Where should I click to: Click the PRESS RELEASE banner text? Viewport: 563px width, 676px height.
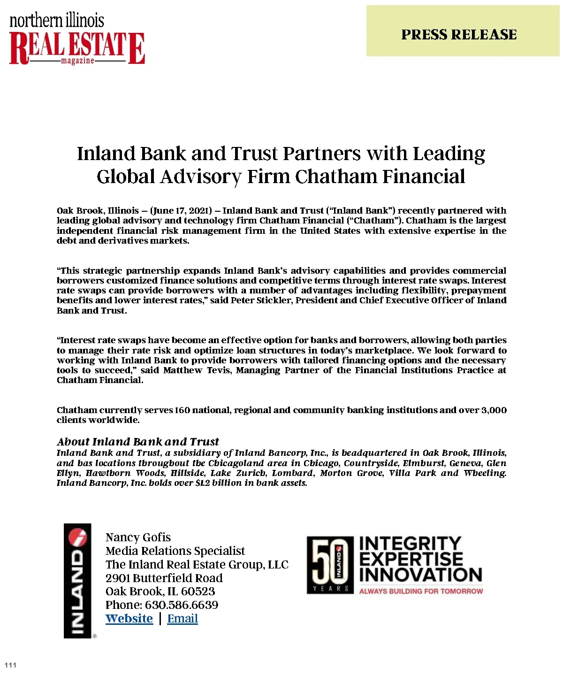pyautogui.click(x=458, y=35)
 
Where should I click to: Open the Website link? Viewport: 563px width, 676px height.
pyautogui.click(x=129, y=619)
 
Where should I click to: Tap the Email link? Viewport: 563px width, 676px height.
pyautogui.click(x=183, y=619)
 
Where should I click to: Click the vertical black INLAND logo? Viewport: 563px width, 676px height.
pyautogui.click(x=77, y=580)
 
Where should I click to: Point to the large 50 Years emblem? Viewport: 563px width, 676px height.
pyautogui.click(x=330, y=565)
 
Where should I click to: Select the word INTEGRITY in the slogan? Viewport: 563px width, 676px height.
pyautogui.click(x=410, y=544)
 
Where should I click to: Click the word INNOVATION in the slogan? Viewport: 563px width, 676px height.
pyautogui.click(x=420, y=575)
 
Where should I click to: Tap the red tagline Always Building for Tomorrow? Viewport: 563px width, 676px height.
pyautogui.click(x=421, y=591)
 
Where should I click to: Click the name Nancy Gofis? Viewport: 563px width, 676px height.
pyautogui.click(x=138, y=538)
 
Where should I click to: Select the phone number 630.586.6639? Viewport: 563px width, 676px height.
pyautogui.click(x=181, y=605)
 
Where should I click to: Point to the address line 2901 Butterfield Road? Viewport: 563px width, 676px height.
pyautogui.click(x=164, y=578)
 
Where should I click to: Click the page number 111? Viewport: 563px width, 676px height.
pyautogui.click(x=10, y=665)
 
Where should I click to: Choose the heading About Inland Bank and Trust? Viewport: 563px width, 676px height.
pyautogui.click(x=138, y=442)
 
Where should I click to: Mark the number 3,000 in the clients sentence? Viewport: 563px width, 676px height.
pyautogui.click(x=494, y=410)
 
